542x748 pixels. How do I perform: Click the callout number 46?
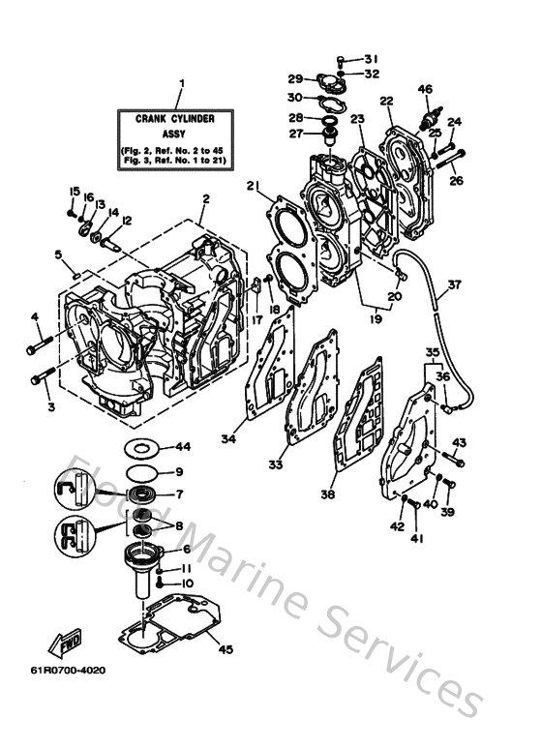pyautogui.click(x=424, y=90)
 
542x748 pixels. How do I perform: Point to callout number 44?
pyautogui.click(x=182, y=447)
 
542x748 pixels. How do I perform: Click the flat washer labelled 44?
pyautogui.click(x=141, y=448)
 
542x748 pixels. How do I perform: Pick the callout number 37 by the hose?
pyautogui.click(x=455, y=286)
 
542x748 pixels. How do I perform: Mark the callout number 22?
pyautogui.click(x=386, y=101)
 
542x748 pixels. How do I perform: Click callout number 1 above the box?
pyautogui.click(x=180, y=83)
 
